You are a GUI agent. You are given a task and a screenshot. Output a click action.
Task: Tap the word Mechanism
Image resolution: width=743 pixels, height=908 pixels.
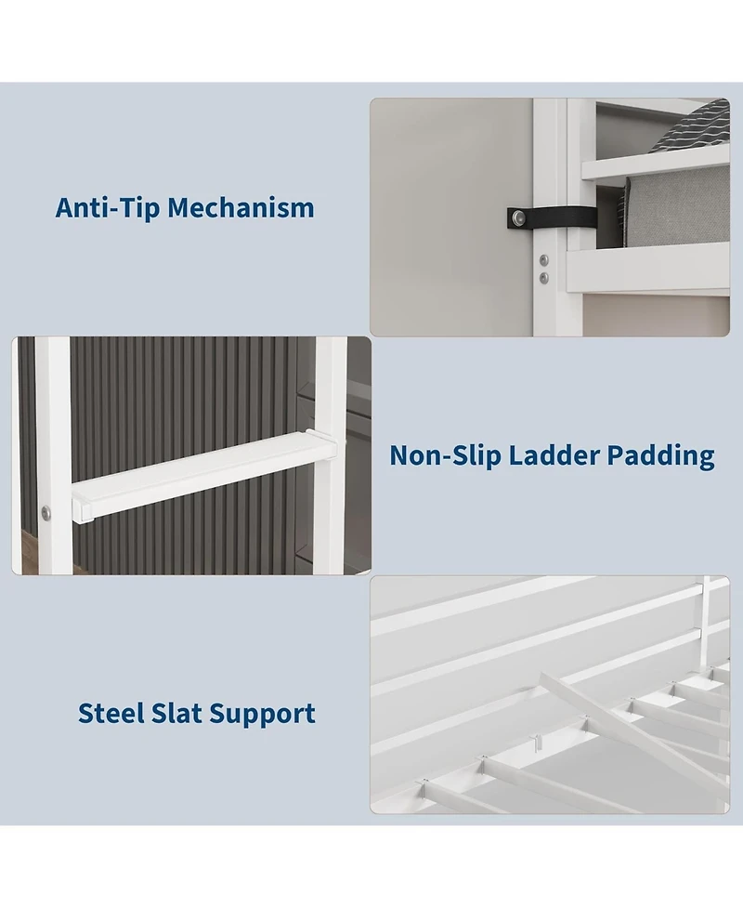coord(241,207)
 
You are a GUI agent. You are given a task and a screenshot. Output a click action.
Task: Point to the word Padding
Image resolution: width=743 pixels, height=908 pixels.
coord(660,456)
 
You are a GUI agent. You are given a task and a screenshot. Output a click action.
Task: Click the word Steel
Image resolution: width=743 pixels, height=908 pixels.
coord(111,713)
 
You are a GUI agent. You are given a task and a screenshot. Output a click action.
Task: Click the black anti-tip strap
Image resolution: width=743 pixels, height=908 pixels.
coord(552,217)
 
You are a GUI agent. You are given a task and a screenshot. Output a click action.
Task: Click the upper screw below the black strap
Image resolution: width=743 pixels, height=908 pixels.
coord(544,260)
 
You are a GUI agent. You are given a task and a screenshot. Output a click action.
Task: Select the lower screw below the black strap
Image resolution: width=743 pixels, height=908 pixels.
coord(544,279)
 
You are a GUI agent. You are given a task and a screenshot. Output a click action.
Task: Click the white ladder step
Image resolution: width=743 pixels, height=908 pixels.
coord(204,474)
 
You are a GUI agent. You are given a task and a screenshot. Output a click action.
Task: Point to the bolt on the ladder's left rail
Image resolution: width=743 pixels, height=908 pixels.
coord(46,512)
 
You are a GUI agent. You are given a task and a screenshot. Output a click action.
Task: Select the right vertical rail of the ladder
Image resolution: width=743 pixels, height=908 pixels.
coord(331,455)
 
